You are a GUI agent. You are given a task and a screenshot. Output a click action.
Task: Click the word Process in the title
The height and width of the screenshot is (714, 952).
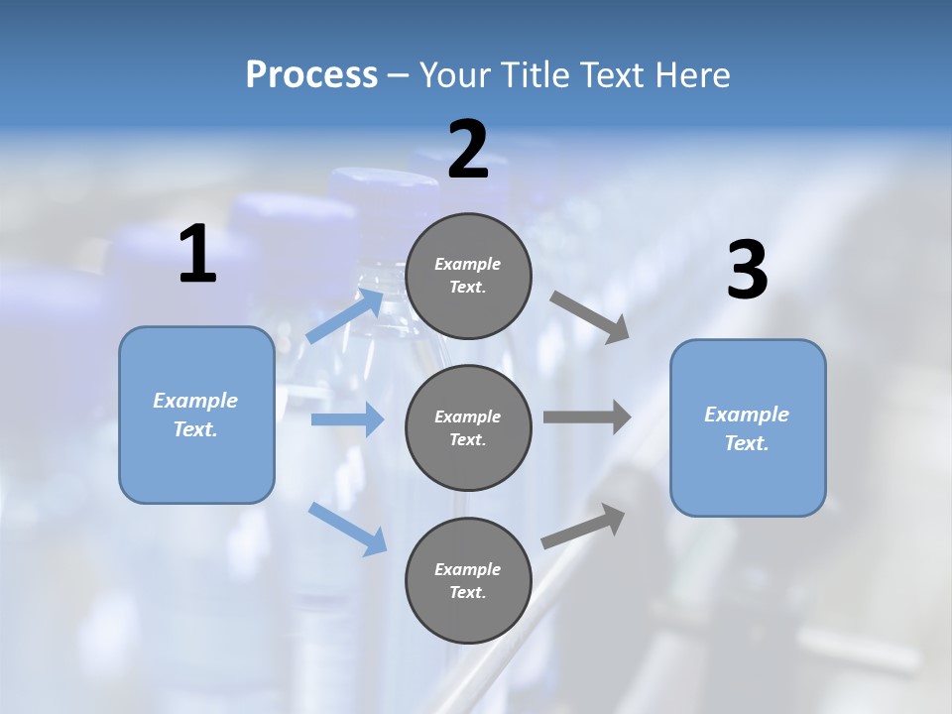coord(311,75)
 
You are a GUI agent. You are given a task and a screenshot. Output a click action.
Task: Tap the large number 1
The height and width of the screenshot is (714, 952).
coord(197,255)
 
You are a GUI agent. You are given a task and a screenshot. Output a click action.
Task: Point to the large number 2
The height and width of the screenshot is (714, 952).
coord(468,151)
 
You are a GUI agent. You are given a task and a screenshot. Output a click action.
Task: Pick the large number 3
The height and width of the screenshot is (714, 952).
coord(747,271)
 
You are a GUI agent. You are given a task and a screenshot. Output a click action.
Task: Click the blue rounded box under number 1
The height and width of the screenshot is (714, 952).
coord(196,415)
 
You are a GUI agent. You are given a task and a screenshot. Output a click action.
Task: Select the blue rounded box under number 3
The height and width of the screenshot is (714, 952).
coord(748,428)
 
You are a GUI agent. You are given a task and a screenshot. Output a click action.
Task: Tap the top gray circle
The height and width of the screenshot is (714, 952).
coord(468,276)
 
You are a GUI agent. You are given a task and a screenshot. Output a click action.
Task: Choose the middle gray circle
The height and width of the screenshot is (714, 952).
coord(468,427)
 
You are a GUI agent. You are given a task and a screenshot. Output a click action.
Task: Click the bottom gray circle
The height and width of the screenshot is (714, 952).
coord(468,580)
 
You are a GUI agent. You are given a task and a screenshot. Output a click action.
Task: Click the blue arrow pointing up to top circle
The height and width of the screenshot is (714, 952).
coord(346,315)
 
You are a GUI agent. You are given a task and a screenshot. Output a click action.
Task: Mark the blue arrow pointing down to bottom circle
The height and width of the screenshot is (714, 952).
coord(348,529)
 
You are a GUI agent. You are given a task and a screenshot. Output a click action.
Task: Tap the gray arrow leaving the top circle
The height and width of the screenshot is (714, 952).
coord(589,317)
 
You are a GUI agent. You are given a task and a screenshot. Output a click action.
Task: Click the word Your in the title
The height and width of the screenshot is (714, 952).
coord(451,75)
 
